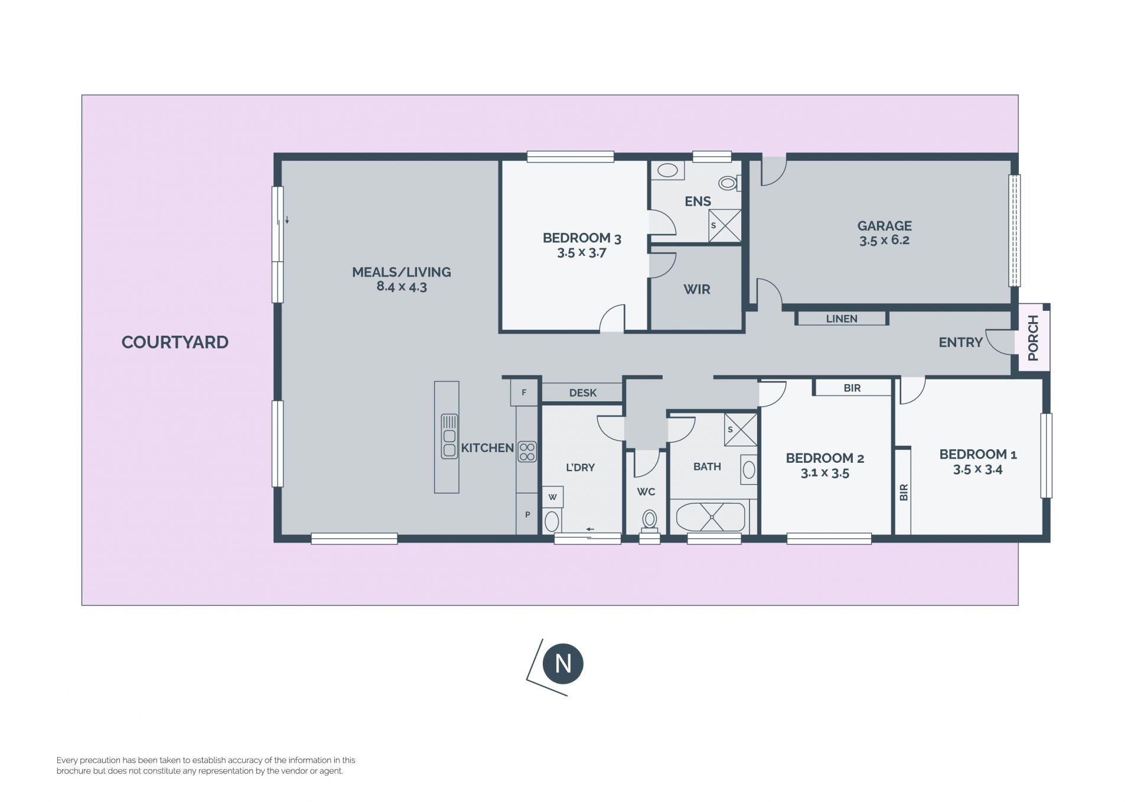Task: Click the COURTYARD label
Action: point(175,342)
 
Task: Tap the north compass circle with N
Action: point(563,663)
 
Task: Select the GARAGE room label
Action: point(884,226)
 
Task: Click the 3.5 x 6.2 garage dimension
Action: point(884,241)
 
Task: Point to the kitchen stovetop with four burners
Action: point(527,452)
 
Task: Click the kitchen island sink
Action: point(449,436)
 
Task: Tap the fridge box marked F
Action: point(524,392)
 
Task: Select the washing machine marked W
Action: point(553,497)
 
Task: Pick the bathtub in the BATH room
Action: point(712,518)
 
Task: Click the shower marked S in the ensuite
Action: point(725,225)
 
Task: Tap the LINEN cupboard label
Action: point(842,319)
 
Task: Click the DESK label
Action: point(583,393)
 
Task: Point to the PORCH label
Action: point(1033,338)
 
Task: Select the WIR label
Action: point(697,290)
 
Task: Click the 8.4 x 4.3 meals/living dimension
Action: point(402,287)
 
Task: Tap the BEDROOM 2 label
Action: point(825,458)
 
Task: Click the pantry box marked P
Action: point(527,515)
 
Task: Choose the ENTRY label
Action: point(961,342)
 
